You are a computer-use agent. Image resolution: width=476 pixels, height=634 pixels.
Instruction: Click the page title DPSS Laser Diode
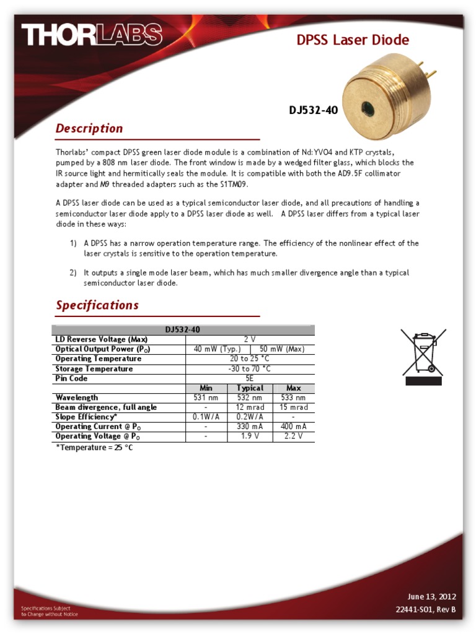pyautogui.click(x=353, y=40)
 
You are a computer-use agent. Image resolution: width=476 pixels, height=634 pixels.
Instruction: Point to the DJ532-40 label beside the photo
pyautogui.click(x=313, y=110)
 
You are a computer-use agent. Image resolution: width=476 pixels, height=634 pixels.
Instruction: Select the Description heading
pyautogui.click(x=89, y=129)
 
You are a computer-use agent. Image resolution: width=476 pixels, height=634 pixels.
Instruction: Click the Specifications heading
pyautogui.click(x=97, y=305)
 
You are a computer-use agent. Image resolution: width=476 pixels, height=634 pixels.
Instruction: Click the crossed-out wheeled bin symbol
pyautogui.click(x=423, y=356)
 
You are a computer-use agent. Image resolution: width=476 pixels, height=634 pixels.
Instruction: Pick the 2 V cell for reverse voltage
pyautogui.click(x=250, y=339)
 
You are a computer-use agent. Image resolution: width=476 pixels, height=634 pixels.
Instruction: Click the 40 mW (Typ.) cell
pyautogui.click(x=217, y=349)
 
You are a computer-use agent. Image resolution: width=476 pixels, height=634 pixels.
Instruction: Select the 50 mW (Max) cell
pyautogui.click(x=282, y=349)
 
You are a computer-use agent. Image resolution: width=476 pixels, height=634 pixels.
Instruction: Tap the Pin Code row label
pyautogui.click(x=72, y=378)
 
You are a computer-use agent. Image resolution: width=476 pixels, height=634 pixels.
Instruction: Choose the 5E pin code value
pyautogui.click(x=250, y=378)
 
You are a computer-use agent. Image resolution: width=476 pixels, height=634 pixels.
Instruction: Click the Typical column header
pyautogui.click(x=250, y=388)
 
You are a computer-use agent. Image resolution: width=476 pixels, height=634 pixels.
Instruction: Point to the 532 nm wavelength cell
pyautogui.click(x=250, y=397)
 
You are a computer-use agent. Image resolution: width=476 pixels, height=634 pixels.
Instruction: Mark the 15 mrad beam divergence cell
pyautogui.click(x=293, y=407)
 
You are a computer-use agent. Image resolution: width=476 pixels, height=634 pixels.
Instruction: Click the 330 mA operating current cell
pyautogui.click(x=250, y=427)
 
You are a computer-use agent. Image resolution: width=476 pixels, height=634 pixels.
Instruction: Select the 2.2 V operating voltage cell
pyautogui.click(x=293, y=436)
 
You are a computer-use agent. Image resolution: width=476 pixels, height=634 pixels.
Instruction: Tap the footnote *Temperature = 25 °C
pyautogui.click(x=94, y=448)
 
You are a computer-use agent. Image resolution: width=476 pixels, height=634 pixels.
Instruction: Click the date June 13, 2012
pyautogui.click(x=431, y=597)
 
